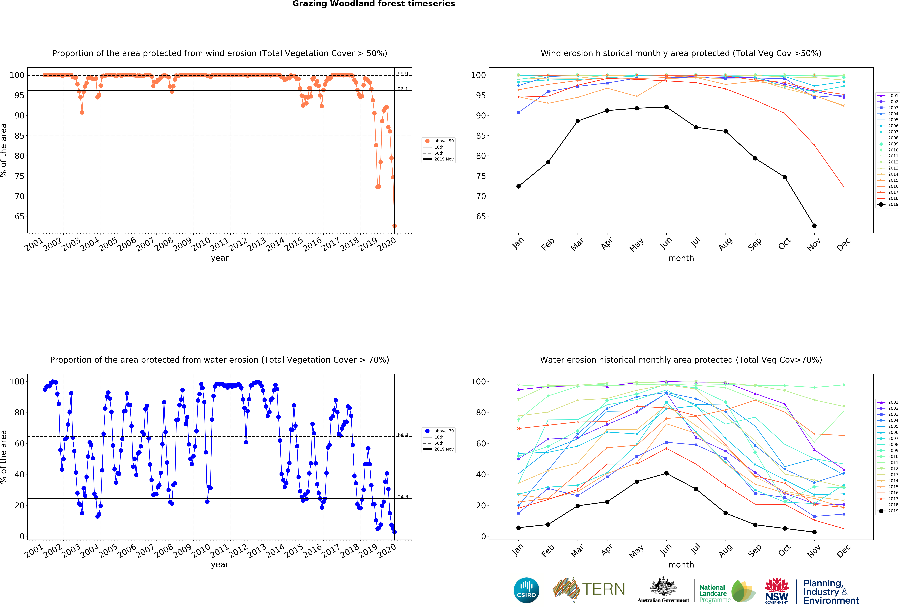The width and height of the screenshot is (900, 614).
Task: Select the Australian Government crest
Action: click(x=663, y=587)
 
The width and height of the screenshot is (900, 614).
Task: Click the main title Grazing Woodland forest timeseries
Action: click(x=373, y=4)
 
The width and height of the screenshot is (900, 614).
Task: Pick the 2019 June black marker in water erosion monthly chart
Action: click(x=666, y=473)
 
